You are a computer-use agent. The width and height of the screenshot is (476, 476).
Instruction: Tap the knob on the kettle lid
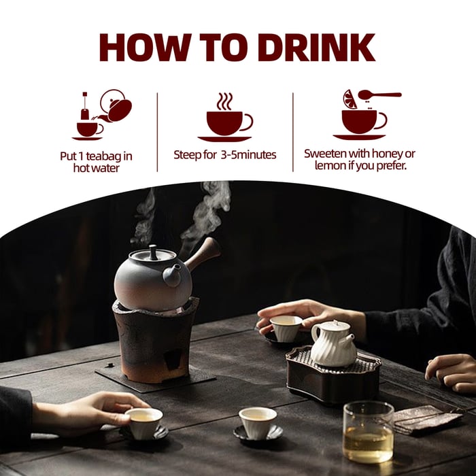point(154,251)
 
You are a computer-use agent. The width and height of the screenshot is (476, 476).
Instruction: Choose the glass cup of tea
point(368,432)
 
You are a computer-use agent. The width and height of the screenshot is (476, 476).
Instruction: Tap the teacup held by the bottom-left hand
point(144,422)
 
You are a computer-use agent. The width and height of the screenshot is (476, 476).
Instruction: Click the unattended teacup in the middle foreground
point(258,422)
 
